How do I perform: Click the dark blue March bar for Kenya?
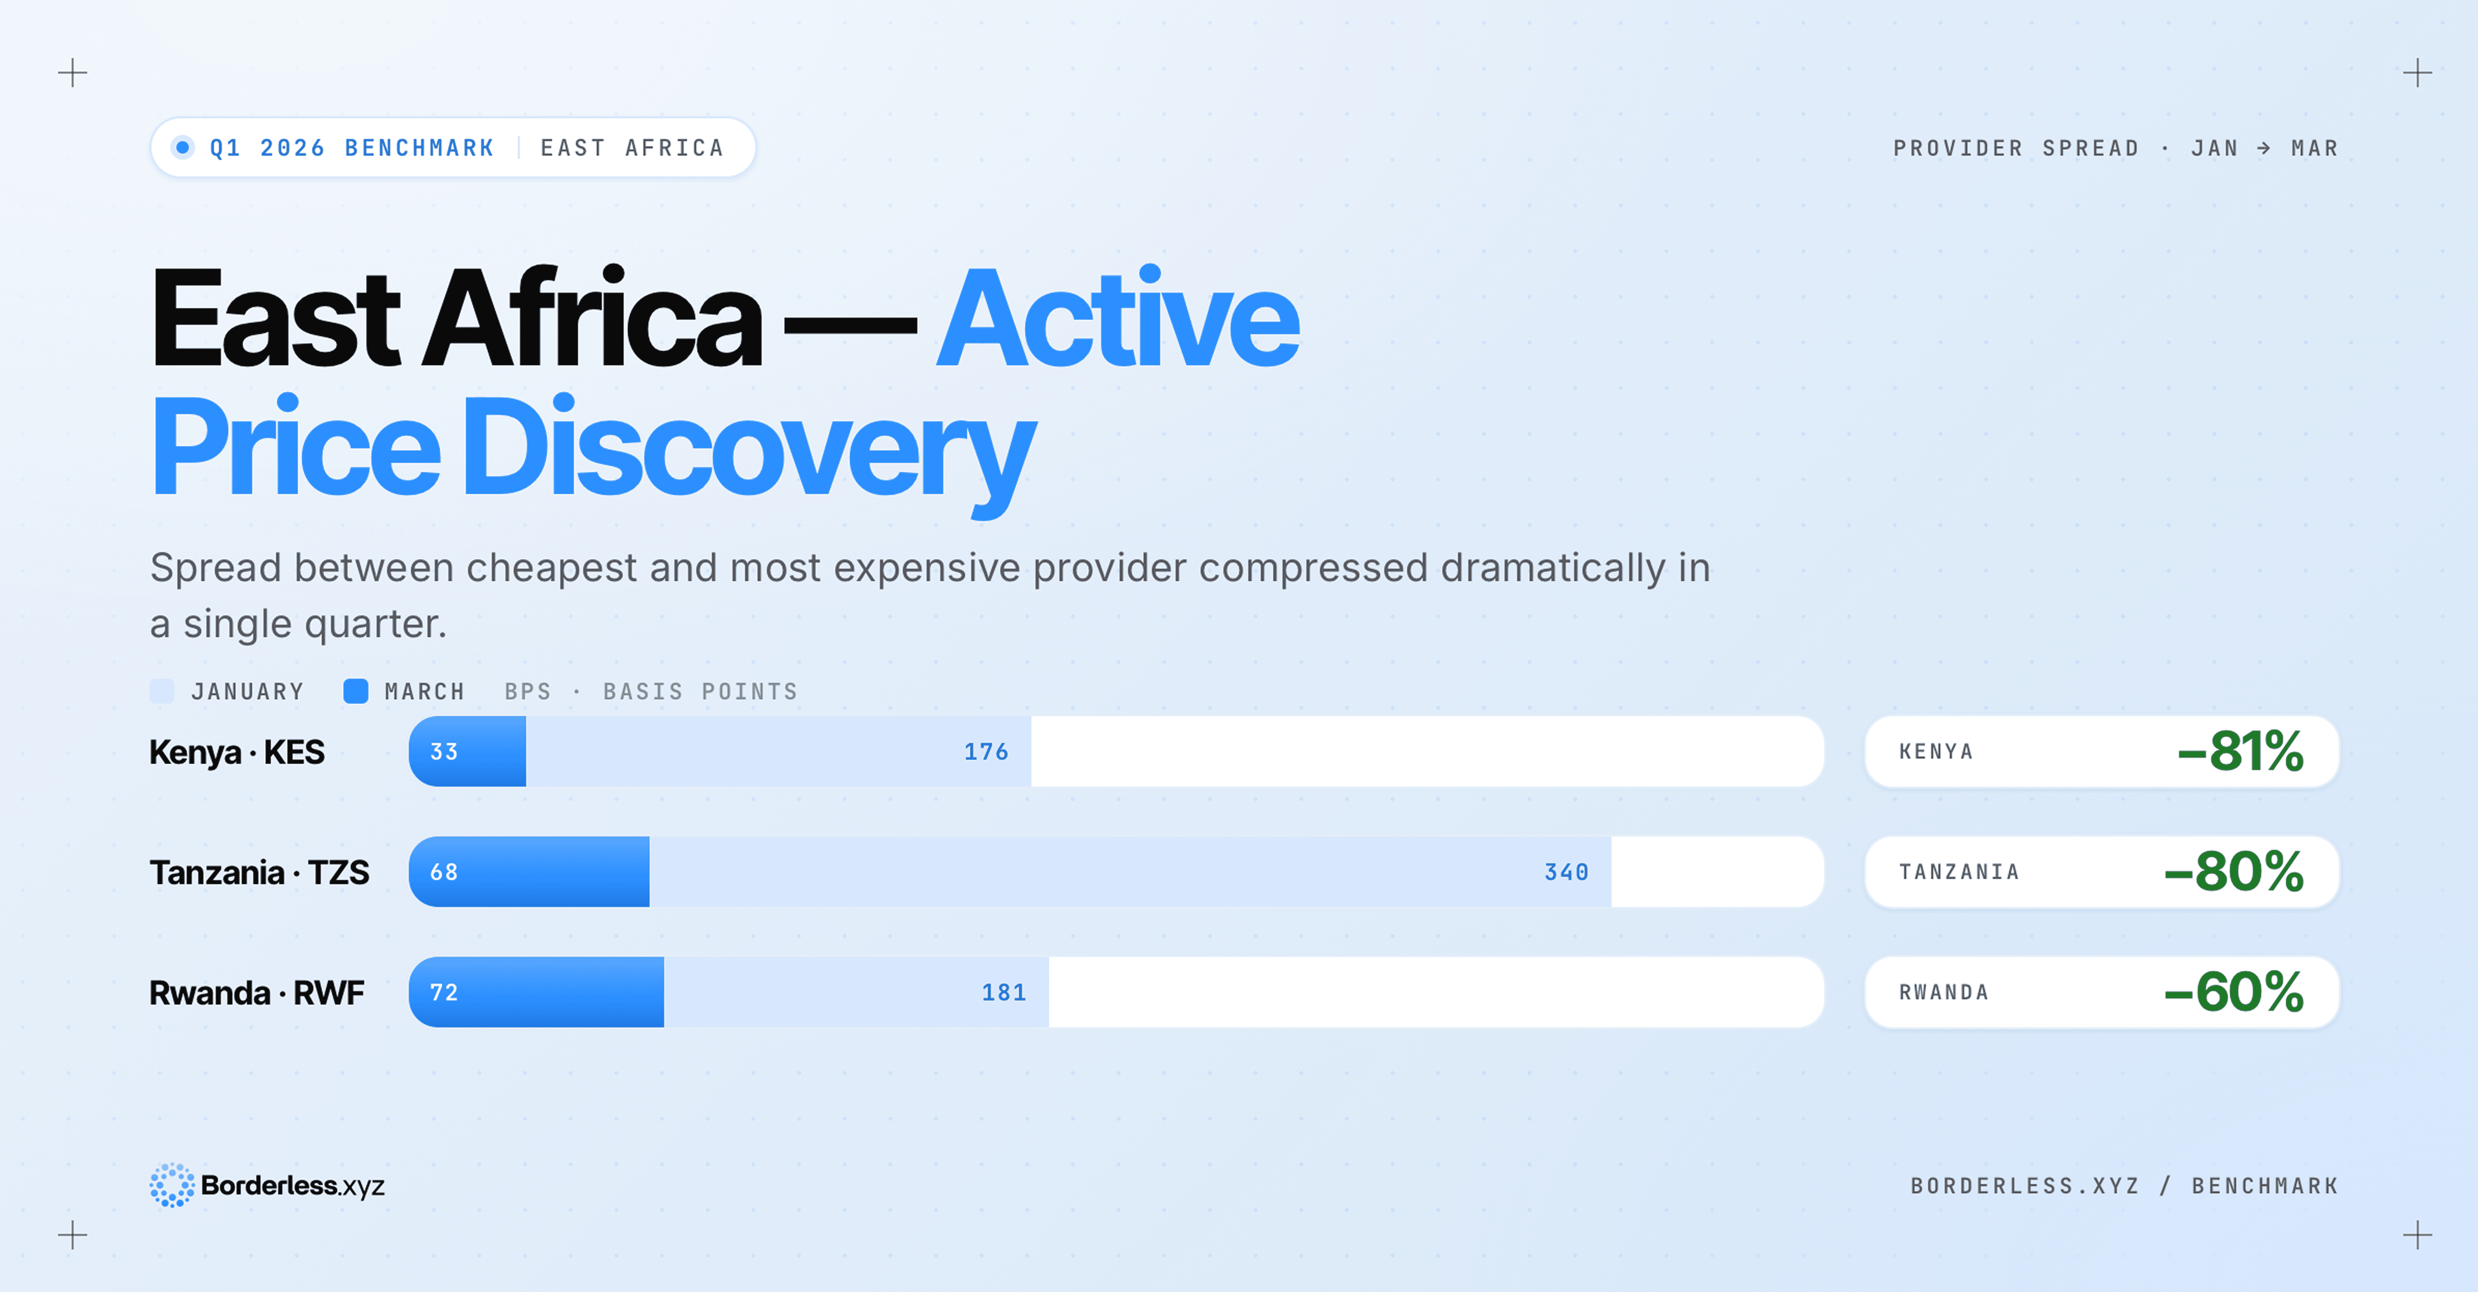tap(467, 751)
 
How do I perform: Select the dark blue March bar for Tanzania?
tap(529, 872)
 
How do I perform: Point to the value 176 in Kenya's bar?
tap(986, 751)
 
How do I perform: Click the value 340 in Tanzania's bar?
tap(1566, 872)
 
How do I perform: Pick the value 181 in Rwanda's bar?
tap(1003, 992)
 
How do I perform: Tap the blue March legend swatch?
tap(356, 691)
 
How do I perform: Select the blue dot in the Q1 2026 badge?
tap(182, 147)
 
